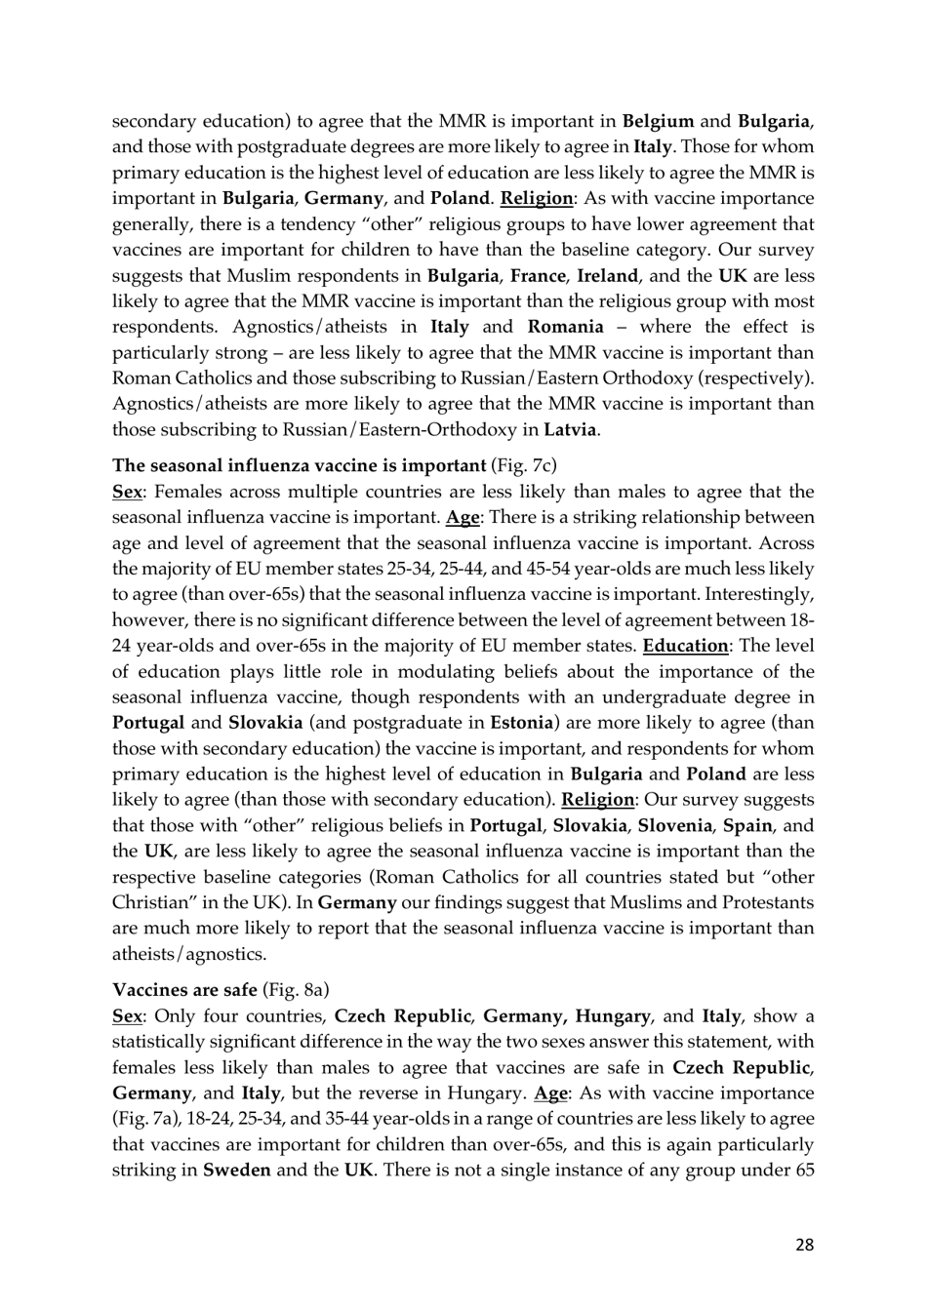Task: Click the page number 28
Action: coord(804,1244)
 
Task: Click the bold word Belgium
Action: coord(659,121)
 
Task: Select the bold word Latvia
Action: coord(571,429)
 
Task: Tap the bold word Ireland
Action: coord(608,275)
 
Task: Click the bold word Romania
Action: coord(565,327)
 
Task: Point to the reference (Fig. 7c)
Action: coord(524,465)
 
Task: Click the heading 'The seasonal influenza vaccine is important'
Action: coord(299,465)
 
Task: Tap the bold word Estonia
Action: coord(521,723)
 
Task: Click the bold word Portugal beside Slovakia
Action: coord(148,723)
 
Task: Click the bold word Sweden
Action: coord(236,1170)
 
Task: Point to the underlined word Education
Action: coord(685,646)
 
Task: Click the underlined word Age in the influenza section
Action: coord(463,517)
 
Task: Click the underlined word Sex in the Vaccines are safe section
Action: coord(127,1015)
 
